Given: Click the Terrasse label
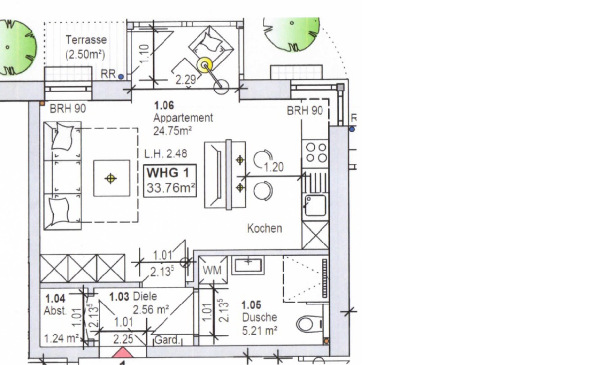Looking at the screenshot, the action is pyautogui.click(x=86, y=40).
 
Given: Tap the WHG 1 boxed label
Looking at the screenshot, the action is pyautogui.click(x=170, y=181).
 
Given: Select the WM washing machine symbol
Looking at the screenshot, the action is pyautogui.click(x=213, y=270).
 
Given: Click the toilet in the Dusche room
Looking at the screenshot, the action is pyautogui.click(x=309, y=324).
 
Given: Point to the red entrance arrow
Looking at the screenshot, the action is pyautogui.click(x=123, y=353).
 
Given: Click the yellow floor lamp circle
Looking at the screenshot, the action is pyautogui.click(x=204, y=65).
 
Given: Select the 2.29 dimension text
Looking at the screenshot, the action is pyautogui.click(x=186, y=80).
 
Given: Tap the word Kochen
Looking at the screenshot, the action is pyautogui.click(x=264, y=228).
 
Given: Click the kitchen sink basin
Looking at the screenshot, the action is pyautogui.click(x=315, y=206).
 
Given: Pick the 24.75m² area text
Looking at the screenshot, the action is pyautogui.click(x=172, y=131).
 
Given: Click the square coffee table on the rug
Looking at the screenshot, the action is pyautogui.click(x=111, y=178).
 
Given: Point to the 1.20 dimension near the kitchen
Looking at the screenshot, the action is pyautogui.click(x=274, y=167).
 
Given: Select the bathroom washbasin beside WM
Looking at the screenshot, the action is pyautogui.click(x=248, y=265).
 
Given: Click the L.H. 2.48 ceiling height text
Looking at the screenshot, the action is pyautogui.click(x=165, y=153).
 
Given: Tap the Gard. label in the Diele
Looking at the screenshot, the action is pyautogui.click(x=167, y=340).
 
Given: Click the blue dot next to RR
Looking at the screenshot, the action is pyautogui.click(x=121, y=77).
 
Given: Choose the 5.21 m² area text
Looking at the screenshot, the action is pyautogui.click(x=260, y=331).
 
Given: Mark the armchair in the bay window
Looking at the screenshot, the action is pyautogui.click(x=211, y=47).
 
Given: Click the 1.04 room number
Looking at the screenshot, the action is pyautogui.click(x=55, y=299).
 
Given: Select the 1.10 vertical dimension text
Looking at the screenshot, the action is pyautogui.click(x=144, y=54).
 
